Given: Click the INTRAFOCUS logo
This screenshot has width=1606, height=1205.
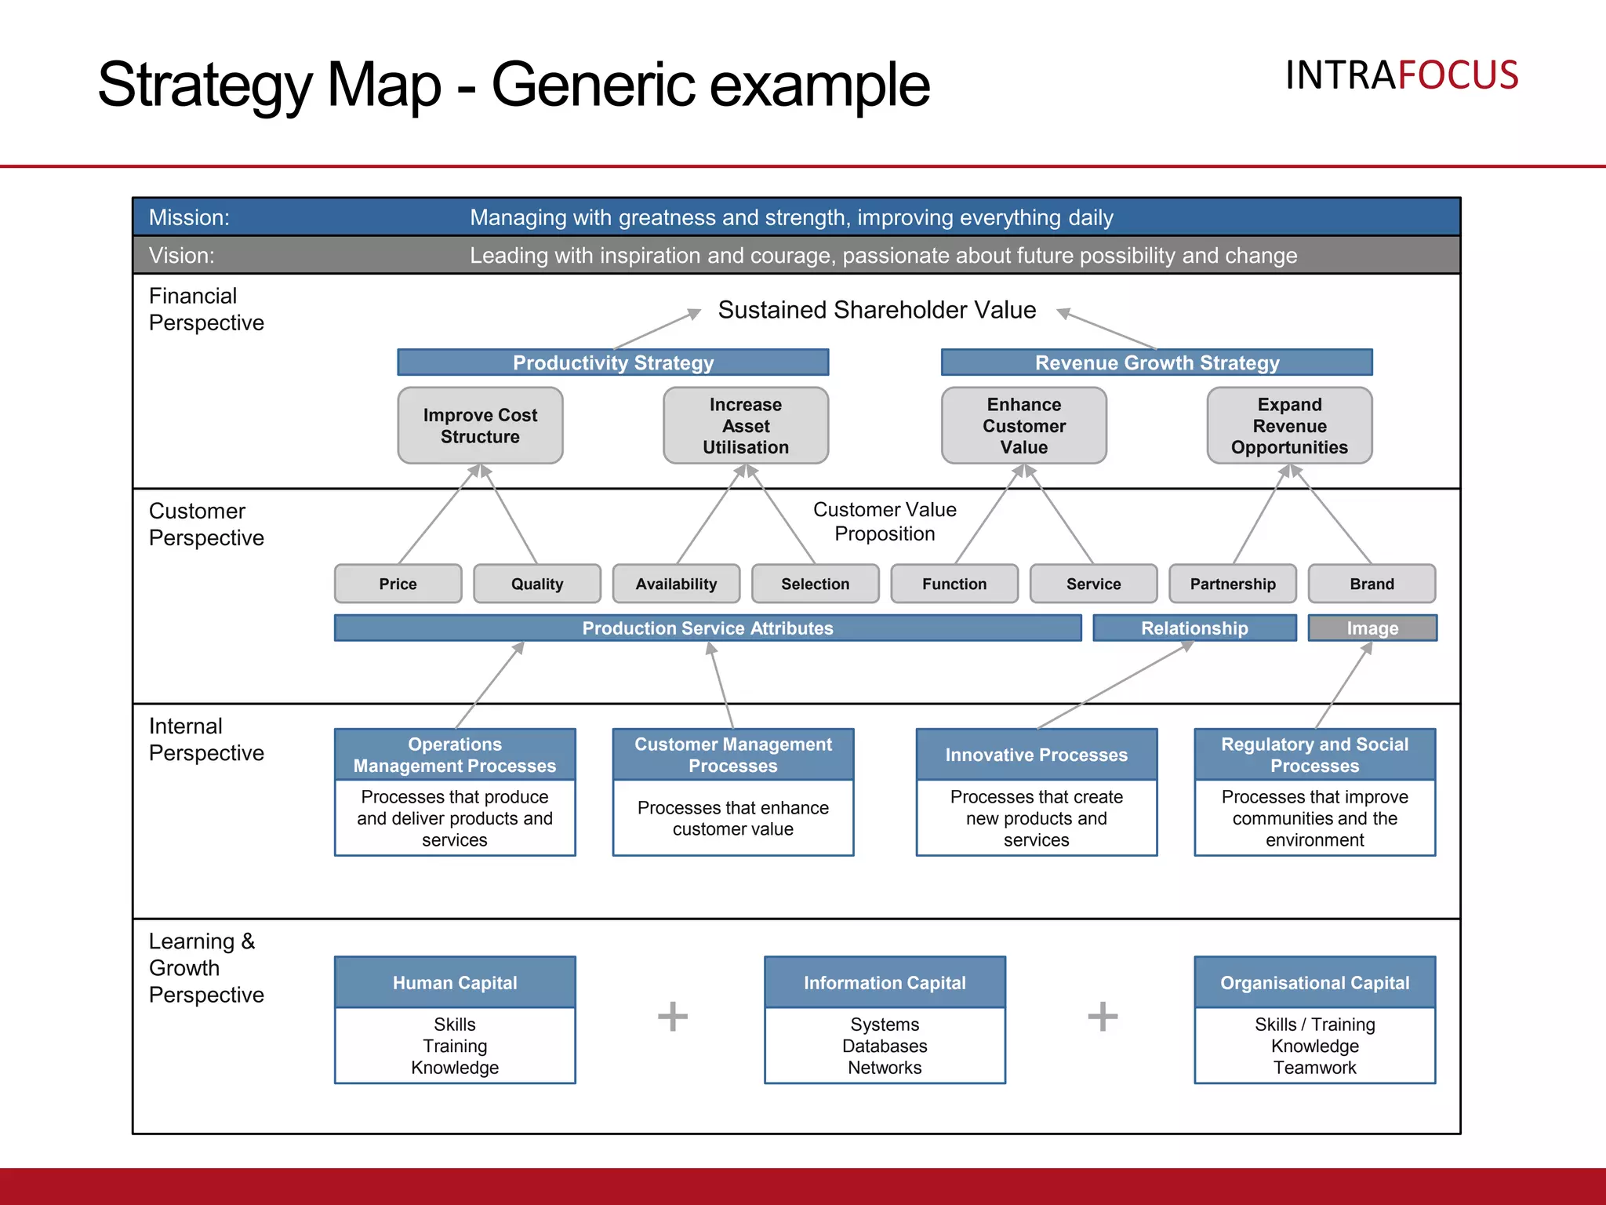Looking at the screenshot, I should pyautogui.click(x=1401, y=75).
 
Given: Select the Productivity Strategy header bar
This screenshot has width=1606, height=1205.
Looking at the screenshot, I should pyautogui.click(x=612, y=362).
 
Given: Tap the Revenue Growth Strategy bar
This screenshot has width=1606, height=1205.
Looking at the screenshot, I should pyautogui.click(x=1157, y=362).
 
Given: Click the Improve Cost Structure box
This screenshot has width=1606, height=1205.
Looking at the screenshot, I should pyautogui.click(x=480, y=425).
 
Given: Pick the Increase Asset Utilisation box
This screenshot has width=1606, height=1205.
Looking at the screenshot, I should pyautogui.click(x=745, y=425).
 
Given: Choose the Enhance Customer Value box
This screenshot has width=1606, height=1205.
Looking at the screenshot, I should pyautogui.click(x=1023, y=425).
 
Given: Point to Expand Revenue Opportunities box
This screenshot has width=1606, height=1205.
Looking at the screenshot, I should pyautogui.click(x=1289, y=425).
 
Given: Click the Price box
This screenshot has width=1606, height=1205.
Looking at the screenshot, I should pyautogui.click(x=398, y=584).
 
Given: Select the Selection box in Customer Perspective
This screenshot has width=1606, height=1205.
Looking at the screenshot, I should pyautogui.click(x=815, y=584).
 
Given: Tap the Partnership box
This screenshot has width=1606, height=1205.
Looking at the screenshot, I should pyautogui.click(x=1232, y=584).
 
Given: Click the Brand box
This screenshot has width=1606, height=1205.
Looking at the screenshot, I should pyautogui.click(x=1372, y=584).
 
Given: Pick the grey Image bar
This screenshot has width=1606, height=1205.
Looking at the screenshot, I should pyautogui.click(x=1372, y=628).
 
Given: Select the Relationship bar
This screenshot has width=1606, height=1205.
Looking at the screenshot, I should pyautogui.click(x=1194, y=628).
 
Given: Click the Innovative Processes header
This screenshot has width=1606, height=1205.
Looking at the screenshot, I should pyautogui.click(x=1036, y=755).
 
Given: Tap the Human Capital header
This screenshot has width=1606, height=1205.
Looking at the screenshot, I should pyautogui.click(x=455, y=982).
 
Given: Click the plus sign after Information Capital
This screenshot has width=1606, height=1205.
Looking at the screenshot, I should pyautogui.click(x=1102, y=1017).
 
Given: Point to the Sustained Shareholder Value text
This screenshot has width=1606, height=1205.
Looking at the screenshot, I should pyautogui.click(x=877, y=310).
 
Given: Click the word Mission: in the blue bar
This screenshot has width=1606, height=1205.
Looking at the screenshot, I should pyautogui.click(x=189, y=217).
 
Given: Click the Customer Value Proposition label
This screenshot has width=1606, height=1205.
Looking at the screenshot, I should pyautogui.click(x=885, y=522).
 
